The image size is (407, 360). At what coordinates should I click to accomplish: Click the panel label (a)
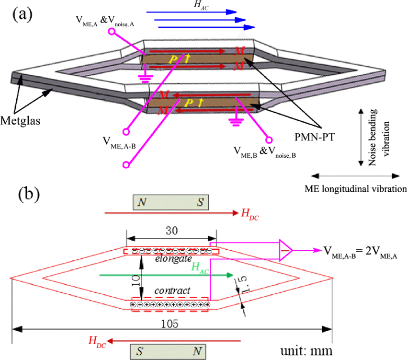click(x=23, y=15)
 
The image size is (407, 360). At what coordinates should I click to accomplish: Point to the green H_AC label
click(x=201, y=268)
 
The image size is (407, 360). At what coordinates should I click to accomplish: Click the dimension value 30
click(x=171, y=231)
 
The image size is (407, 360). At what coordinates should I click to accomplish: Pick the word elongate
click(x=170, y=259)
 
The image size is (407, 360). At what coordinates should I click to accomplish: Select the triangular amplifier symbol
click(x=288, y=250)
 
